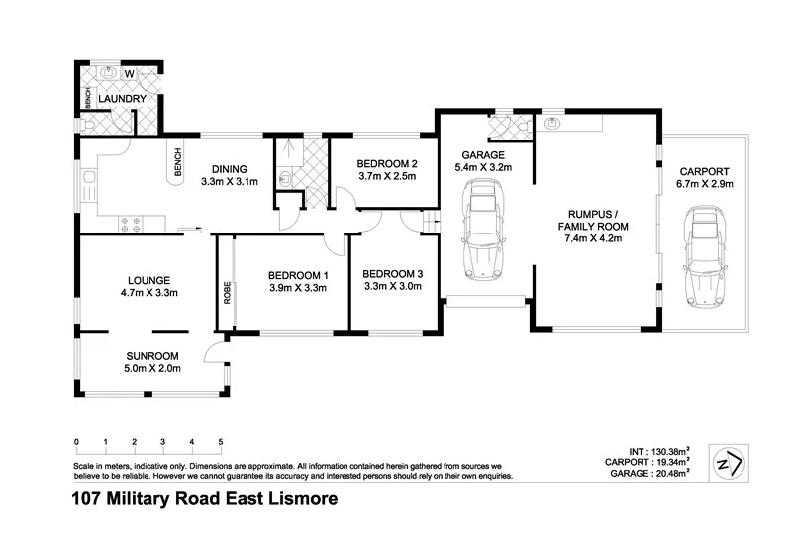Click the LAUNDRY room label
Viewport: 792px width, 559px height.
tap(123, 99)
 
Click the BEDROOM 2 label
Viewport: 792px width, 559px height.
tap(380, 163)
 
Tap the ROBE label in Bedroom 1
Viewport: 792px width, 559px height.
tap(227, 292)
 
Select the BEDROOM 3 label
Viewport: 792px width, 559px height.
tap(393, 273)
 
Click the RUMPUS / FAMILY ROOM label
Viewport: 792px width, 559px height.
tap(597, 219)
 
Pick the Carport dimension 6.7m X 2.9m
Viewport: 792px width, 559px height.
tap(703, 184)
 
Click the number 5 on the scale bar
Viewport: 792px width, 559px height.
tap(220, 441)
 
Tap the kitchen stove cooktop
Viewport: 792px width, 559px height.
tap(130, 221)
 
